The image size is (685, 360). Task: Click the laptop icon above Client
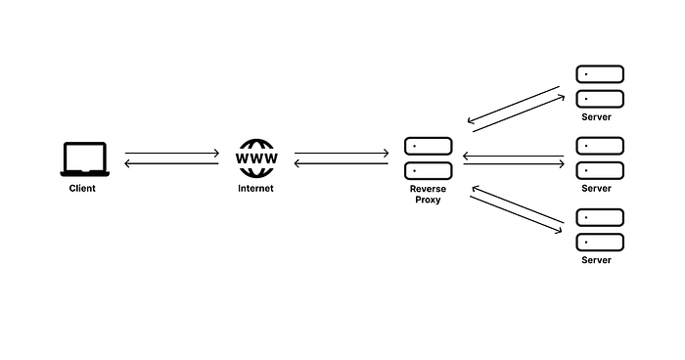pos(84,159)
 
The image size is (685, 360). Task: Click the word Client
pos(82,188)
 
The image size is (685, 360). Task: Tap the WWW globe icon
pos(256,158)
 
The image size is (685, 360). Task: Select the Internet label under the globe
pos(256,188)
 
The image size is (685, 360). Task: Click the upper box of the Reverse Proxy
pos(428,146)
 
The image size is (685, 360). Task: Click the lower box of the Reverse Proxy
pos(428,170)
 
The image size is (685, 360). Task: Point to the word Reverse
pos(429,188)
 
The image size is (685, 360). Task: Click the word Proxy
pos(428,200)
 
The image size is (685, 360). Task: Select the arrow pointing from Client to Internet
pos(172,154)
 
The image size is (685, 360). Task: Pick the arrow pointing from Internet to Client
pos(172,164)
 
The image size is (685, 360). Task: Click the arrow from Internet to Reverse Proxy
pos(342,154)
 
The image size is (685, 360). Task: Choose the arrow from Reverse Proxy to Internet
pos(342,164)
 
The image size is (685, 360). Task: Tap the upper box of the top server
pos(599,74)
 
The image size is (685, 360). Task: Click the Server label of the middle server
pos(596,188)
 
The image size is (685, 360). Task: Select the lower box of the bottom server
pos(599,242)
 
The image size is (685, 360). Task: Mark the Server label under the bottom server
pos(596,260)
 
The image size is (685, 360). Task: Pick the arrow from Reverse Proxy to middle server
pos(516,164)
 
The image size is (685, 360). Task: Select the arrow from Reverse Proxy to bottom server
pos(516,213)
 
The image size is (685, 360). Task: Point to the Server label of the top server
pos(596,116)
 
